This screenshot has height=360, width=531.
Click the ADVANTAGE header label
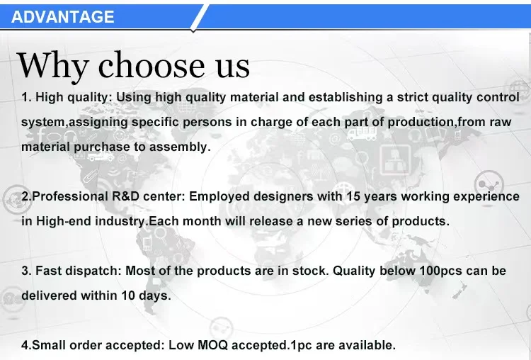62,16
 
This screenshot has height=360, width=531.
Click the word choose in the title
152,64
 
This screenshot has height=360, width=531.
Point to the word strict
413,97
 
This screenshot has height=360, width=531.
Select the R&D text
125,196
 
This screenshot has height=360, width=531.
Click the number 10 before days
128,296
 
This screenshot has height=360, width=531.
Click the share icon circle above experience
489,185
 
